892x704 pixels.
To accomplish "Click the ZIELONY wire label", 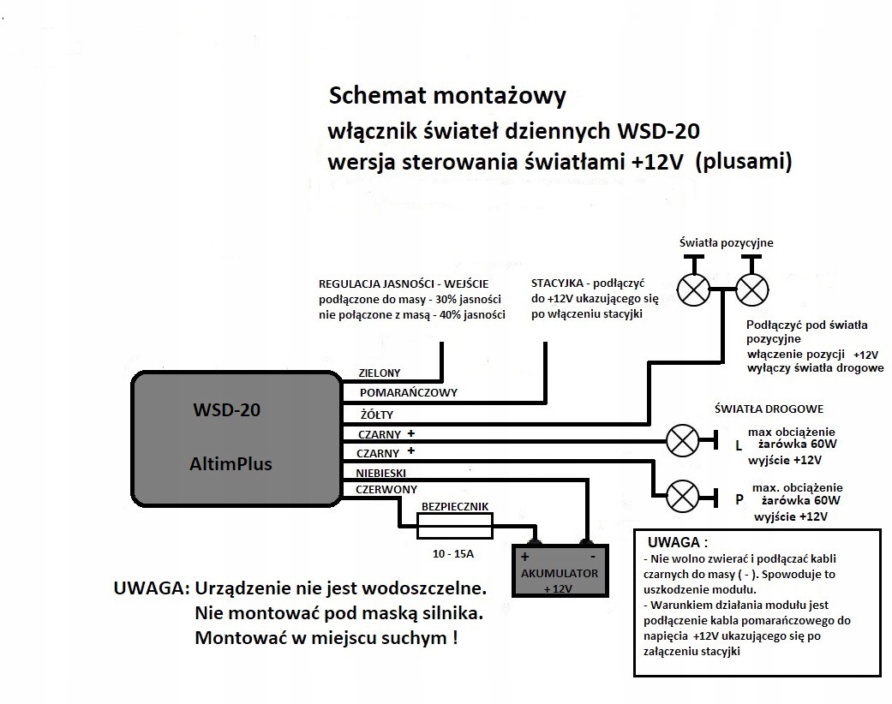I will click(x=379, y=373).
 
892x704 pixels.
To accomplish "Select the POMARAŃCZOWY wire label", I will click(x=408, y=392).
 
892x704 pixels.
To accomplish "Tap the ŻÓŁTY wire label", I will click(x=378, y=414).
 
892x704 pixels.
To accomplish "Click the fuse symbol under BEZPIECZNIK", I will click(x=454, y=526).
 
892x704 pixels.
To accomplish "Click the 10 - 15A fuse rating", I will click(x=453, y=554).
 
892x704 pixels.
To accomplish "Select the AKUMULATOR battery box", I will click(x=560, y=571).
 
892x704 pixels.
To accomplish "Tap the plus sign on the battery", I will click(x=524, y=557).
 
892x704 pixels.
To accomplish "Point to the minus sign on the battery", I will click(x=591, y=555).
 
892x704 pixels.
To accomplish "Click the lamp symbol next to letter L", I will click(x=682, y=441).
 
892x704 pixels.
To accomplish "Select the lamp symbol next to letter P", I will click(x=682, y=495).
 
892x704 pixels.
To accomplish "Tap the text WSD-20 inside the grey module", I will click(x=226, y=409).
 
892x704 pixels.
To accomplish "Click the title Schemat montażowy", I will click(x=447, y=95).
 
